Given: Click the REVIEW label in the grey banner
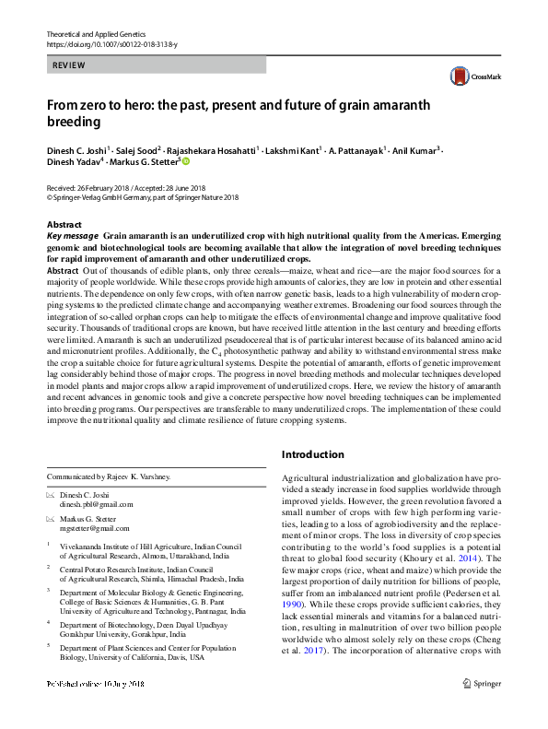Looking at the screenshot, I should [x=69, y=65].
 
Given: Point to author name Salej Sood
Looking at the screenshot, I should [x=137, y=149].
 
